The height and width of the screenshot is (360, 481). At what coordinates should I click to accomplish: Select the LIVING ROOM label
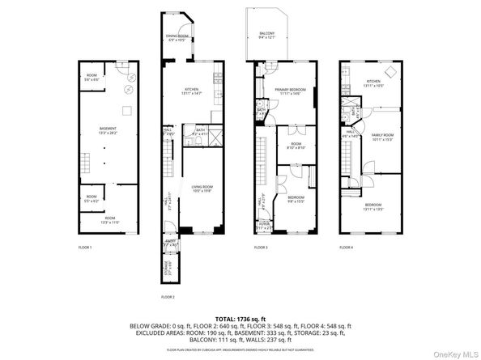click(202, 189)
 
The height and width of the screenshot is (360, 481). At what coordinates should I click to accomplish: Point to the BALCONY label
click(266, 35)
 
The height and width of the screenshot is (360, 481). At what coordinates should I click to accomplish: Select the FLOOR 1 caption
click(85, 247)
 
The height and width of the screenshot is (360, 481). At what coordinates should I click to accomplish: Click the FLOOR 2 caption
click(168, 297)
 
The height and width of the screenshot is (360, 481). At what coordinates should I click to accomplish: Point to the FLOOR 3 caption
click(261, 247)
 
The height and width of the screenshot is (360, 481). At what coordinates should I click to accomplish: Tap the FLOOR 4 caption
click(347, 247)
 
